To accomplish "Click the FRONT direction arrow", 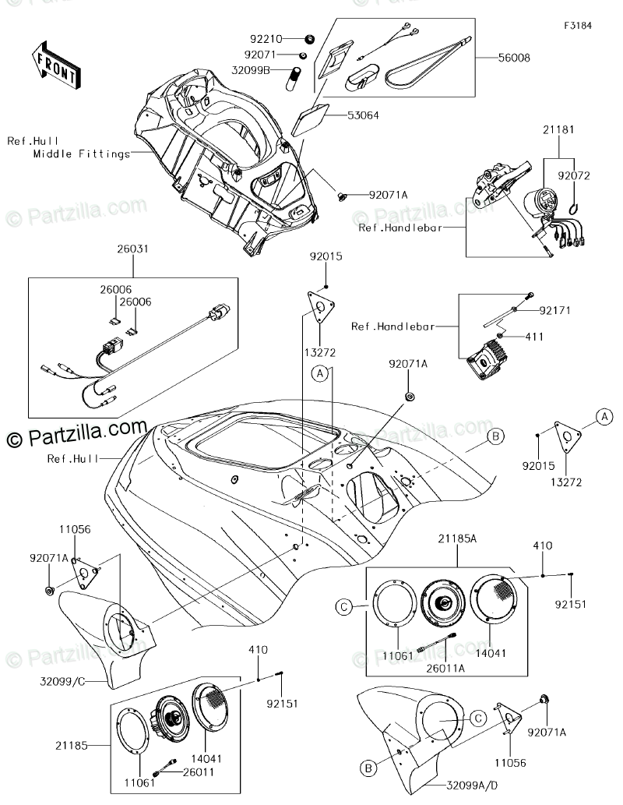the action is (55, 65).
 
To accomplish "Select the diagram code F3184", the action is (578, 25).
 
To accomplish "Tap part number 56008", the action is (514, 58).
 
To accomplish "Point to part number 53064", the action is (364, 115).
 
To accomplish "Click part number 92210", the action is (266, 39).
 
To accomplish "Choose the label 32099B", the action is (251, 70).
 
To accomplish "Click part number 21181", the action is (558, 129).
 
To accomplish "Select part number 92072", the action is (574, 175).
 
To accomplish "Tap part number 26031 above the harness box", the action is (132, 249).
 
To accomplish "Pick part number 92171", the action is (554, 310).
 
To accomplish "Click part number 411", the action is (534, 337).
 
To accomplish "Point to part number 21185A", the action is (457, 538).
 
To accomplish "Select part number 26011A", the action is (446, 669).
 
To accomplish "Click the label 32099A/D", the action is (472, 786).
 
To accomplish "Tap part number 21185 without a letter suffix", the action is (72, 746).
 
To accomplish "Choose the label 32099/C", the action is (62, 682).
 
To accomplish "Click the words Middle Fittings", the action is (82, 154).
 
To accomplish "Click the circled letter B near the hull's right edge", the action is (495, 436).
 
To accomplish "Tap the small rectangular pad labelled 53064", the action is (311, 121).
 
